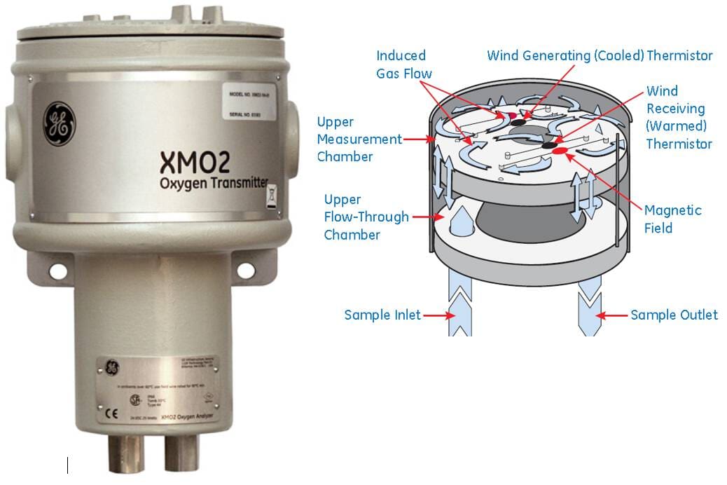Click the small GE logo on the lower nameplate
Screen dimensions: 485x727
[110, 365]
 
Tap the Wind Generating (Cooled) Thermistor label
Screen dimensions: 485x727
[600, 55]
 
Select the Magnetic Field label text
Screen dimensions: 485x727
[672, 219]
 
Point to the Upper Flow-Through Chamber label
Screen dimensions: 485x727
[365, 217]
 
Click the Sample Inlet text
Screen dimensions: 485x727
[382, 315]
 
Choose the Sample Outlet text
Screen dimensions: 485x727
[674, 315]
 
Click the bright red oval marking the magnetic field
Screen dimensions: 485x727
[560, 150]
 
